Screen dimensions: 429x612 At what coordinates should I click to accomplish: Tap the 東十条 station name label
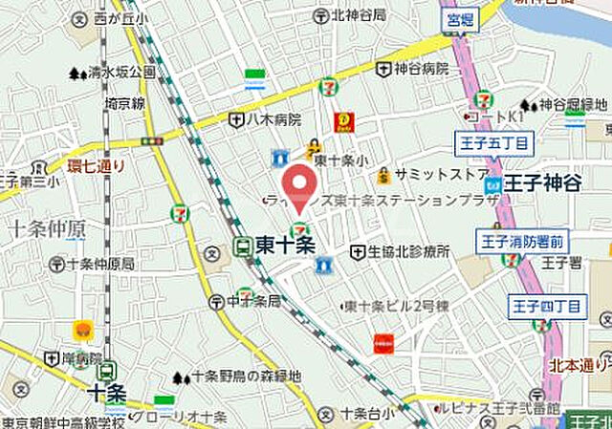tap(285, 246)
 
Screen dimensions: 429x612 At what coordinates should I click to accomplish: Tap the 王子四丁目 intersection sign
tap(546, 306)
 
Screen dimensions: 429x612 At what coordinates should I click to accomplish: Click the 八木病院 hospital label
tap(273, 119)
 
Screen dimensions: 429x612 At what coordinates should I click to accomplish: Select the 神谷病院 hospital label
tap(420, 69)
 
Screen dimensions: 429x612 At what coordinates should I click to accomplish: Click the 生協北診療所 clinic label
tap(408, 251)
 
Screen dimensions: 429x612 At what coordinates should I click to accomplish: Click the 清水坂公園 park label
tap(122, 73)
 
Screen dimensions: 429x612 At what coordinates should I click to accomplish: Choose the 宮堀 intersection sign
tap(459, 18)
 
